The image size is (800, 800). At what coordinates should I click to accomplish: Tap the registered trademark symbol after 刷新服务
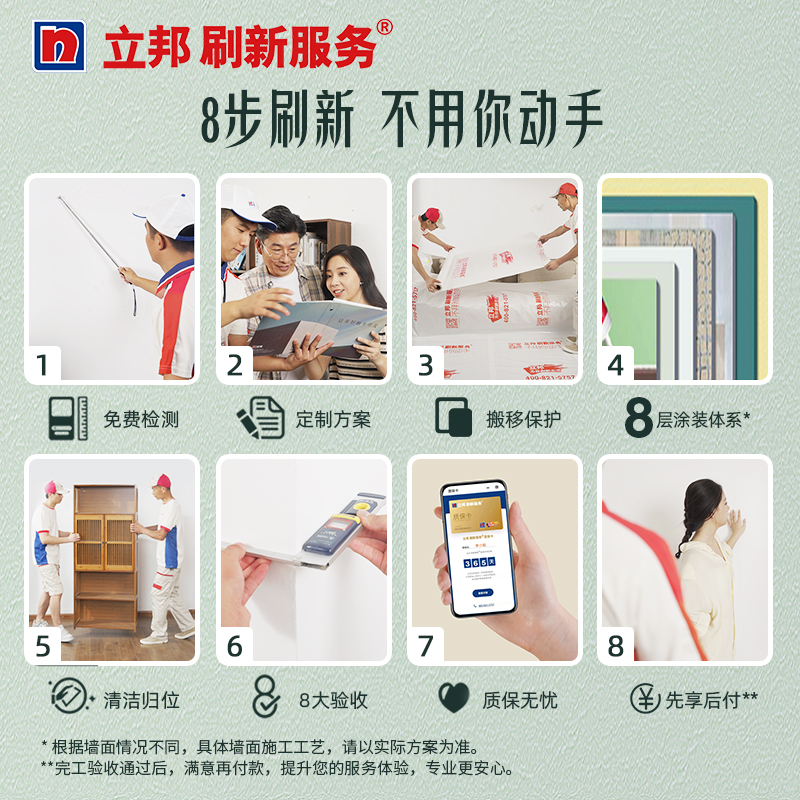coord(384,27)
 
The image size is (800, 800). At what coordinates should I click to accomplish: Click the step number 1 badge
coord(42,365)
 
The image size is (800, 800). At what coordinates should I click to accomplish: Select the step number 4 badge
coord(616,365)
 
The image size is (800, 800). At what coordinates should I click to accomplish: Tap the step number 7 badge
coord(426,647)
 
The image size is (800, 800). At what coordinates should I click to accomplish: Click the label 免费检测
coord(141,419)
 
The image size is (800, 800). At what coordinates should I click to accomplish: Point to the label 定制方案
coord(333,419)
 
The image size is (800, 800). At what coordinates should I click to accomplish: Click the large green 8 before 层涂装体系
coord(638,419)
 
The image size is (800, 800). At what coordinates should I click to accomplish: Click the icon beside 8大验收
coord(265,698)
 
